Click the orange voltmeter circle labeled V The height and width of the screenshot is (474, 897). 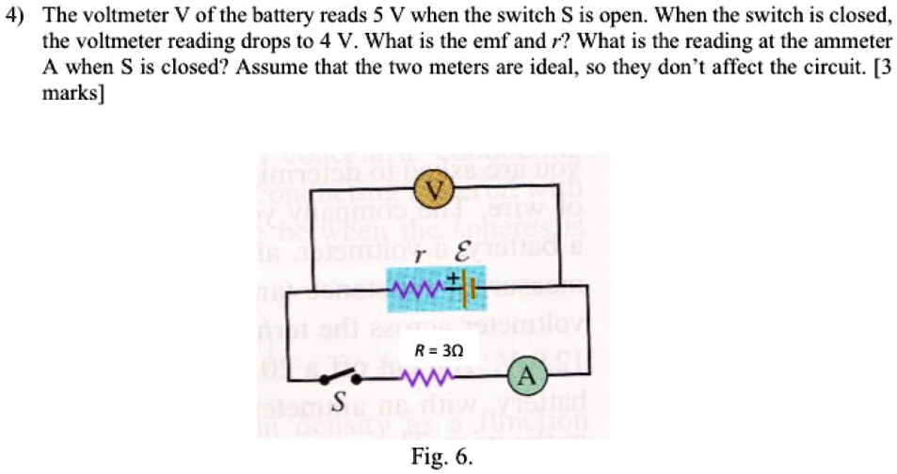coord(434,193)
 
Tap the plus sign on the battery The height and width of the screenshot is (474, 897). coord(451,276)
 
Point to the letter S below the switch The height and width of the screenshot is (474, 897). coord(336,404)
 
